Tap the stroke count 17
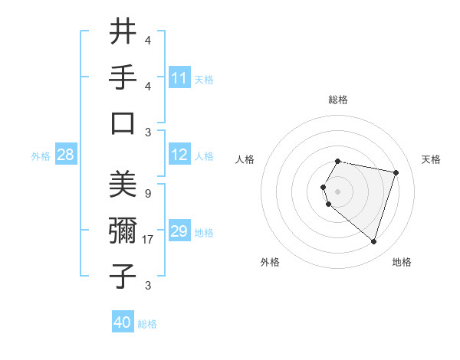coord(149,240)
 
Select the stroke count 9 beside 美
coord(147,194)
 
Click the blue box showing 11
coord(179,78)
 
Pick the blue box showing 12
coord(179,155)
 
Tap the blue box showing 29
coord(179,232)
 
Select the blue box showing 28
coord(65,155)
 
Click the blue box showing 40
coord(123,323)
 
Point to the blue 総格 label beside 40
coord(147,324)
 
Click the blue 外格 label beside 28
coord(41,156)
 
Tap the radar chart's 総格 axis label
coord(337,100)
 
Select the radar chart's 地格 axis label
coord(402,262)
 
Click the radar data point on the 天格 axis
coord(396,172)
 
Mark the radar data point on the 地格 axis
coord(373,241)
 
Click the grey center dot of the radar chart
coord(337,191)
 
